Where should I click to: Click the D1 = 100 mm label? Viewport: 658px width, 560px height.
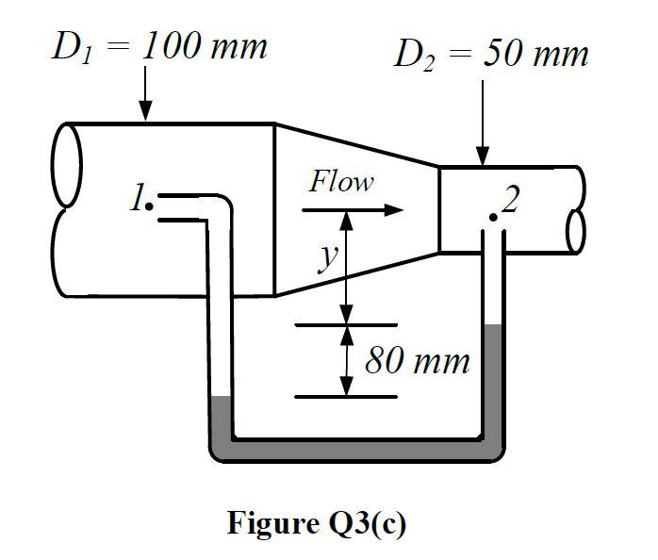point(158,47)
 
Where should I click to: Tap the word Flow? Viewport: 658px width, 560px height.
point(341,182)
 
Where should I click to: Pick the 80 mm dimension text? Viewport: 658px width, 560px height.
point(416,361)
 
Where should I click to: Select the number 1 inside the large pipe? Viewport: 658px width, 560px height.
point(138,198)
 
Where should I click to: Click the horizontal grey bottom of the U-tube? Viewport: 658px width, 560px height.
point(358,450)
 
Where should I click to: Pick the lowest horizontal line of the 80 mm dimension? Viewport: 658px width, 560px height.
point(346,397)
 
